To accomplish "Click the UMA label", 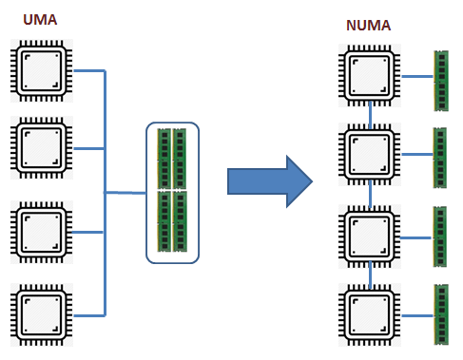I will click(39, 19).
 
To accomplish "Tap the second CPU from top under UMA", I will click(41, 147).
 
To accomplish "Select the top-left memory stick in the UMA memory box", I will click(164, 159).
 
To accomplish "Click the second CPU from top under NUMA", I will click(368, 152).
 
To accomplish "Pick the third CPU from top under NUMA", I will click(368, 232).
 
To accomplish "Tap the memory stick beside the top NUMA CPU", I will click(440, 78).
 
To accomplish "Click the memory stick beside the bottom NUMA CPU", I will click(441, 313).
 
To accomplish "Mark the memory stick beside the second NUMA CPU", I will click(440, 155).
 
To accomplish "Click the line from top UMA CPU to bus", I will click(87, 70).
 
